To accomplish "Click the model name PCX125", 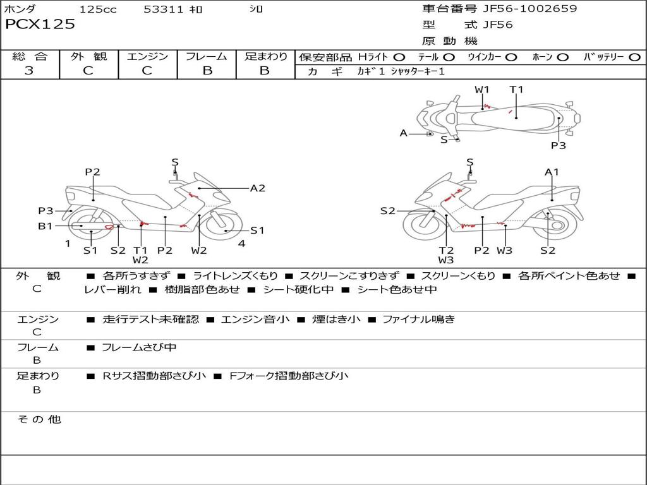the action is pyautogui.click(x=40, y=25).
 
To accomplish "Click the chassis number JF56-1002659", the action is pyautogui.click(x=521, y=9).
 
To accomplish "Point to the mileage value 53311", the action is pyautogui.click(x=163, y=9).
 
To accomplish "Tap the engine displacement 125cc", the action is pyautogui.click(x=98, y=9).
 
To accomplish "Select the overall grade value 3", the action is pyautogui.click(x=29, y=71).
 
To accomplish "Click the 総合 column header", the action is pyautogui.click(x=30, y=57).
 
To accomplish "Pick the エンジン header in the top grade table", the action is pyautogui.click(x=147, y=57).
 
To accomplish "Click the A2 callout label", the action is pyautogui.click(x=257, y=188).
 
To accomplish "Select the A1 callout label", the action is pyautogui.click(x=552, y=172).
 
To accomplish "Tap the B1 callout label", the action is pyautogui.click(x=45, y=225).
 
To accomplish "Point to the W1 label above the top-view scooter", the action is pyautogui.click(x=482, y=90).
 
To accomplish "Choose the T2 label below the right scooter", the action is pyautogui.click(x=446, y=250).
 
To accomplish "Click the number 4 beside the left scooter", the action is pyautogui.click(x=242, y=244).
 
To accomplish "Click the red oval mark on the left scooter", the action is pyautogui.click(x=109, y=226).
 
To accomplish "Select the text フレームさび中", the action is pyautogui.click(x=139, y=347).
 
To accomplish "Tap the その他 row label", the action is pyautogui.click(x=39, y=419).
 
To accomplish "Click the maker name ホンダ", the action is pyautogui.click(x=20, y=9).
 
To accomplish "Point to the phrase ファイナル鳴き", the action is pyautogui.click(x=418, y=320).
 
